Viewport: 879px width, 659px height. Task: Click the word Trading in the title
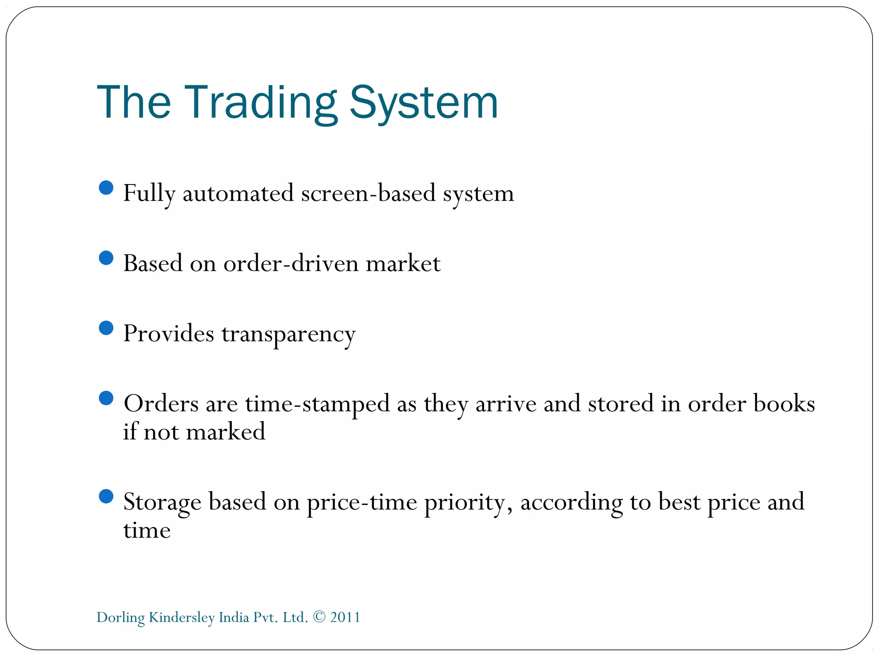pos(261,103)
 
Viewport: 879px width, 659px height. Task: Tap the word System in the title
pos(424,103)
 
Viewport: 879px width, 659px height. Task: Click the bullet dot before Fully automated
pos(106,188)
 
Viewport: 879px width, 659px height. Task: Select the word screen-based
pos(368,193)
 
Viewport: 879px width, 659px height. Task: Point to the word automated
pos(238,193)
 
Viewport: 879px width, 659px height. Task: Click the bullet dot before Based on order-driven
pos(106,258)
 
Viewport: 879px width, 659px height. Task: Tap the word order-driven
pos(291,263)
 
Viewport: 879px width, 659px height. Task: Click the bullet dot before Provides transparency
pos(106,328)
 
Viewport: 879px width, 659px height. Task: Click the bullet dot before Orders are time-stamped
pos(106,398)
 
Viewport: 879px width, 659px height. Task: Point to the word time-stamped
pos(317,404)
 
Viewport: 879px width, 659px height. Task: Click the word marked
pos(226,432)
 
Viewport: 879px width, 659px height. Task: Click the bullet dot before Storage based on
pos(106,496)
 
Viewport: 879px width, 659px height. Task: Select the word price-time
pos(361,502)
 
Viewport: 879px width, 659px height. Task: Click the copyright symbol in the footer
pos(319,617)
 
